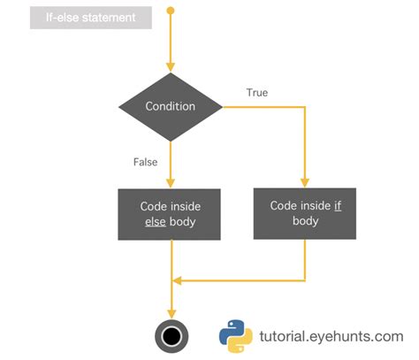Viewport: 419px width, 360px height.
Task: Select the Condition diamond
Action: coord(170,107)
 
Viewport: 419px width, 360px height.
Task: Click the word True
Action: coord(256,92)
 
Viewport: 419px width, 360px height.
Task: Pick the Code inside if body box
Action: coord(304,213)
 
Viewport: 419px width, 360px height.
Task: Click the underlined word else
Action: coord(156,223)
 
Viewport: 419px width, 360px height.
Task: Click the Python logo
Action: coord(236,335)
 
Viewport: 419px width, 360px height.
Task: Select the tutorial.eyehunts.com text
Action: coord(331,336)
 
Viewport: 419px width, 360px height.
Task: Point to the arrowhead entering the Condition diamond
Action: coord(170,67)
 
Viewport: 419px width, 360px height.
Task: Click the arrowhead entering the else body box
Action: coord(170,182)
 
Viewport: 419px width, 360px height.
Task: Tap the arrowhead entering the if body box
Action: coord(305,182)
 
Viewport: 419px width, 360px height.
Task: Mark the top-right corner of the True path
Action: coord(305,107)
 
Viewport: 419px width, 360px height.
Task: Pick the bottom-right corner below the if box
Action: coord(305,281)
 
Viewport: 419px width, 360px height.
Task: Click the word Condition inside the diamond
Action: coord(170,107)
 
